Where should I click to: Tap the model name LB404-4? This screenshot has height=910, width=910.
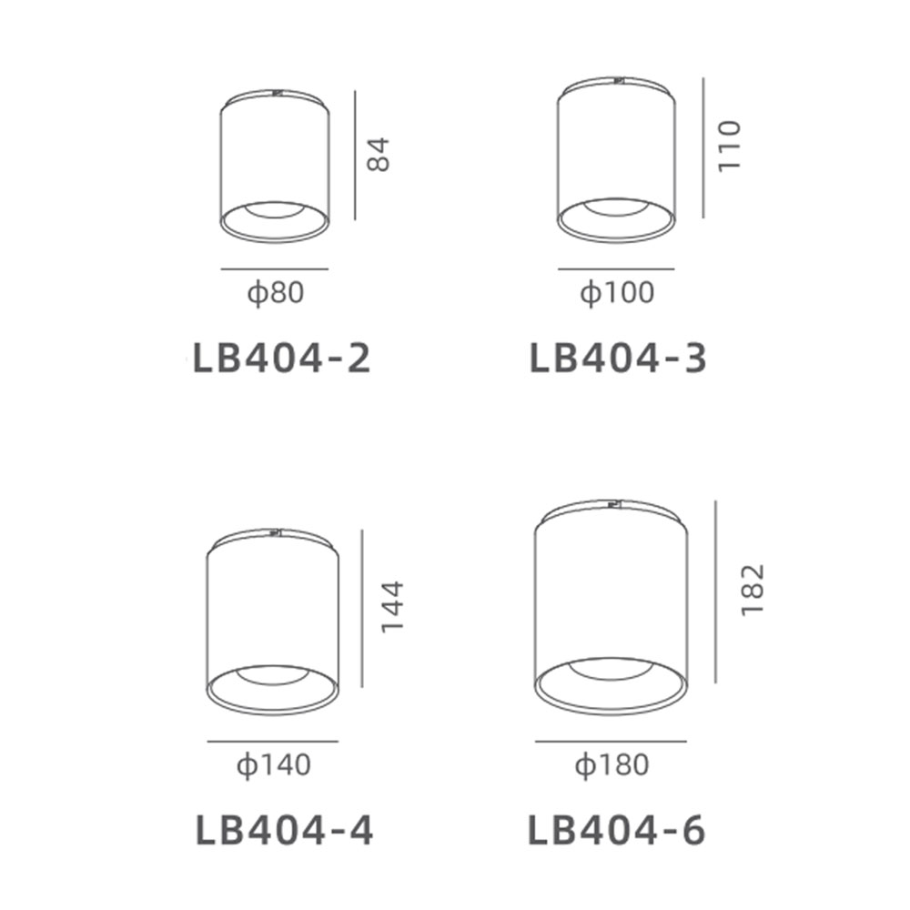[284, 831]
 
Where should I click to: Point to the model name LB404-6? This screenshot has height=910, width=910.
[616, 831]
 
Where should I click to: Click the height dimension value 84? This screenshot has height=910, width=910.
[379, 155]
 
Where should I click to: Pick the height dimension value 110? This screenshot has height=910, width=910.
[730, 147]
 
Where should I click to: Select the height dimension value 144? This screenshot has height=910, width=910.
[391, 606]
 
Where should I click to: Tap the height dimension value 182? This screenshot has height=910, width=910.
[753, 590]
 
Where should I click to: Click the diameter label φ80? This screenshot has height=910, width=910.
[276, 292]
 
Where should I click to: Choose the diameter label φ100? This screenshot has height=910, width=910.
[617, 292]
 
